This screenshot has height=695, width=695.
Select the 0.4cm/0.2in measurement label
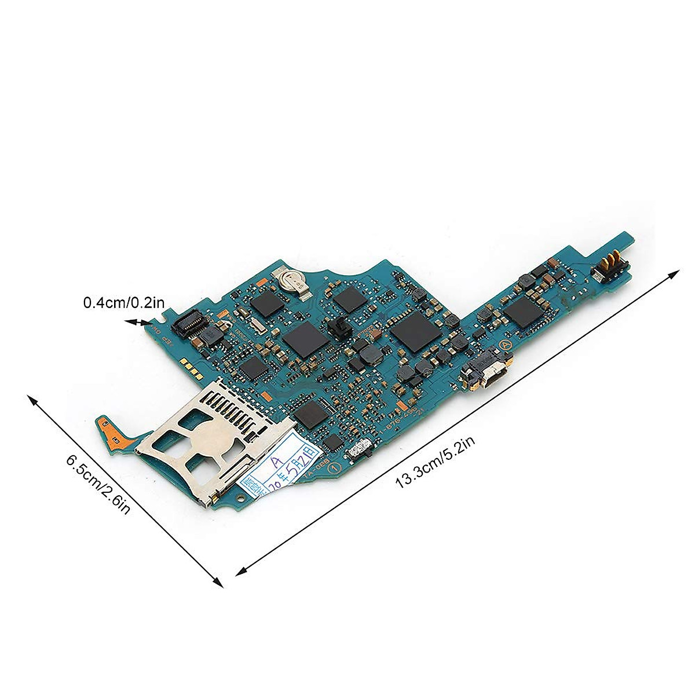[x=124, y=302]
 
